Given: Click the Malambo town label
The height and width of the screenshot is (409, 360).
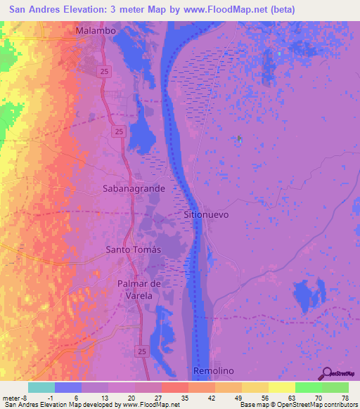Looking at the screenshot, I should tap(95, 32).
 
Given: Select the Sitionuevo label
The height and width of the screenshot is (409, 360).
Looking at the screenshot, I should tap(206, 214).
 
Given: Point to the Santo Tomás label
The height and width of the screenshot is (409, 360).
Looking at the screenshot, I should tap(133, 249).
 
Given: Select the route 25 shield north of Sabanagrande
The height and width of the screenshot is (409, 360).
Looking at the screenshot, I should tap(119, 131).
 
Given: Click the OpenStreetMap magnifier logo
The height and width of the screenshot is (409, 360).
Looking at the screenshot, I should tap(326, 374).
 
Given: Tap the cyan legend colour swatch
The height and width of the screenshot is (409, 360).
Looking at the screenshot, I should tap(41, 387).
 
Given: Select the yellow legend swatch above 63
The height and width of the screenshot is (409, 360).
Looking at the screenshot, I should tap(282, 387).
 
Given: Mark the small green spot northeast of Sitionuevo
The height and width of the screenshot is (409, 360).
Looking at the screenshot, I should tap(239, 138).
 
